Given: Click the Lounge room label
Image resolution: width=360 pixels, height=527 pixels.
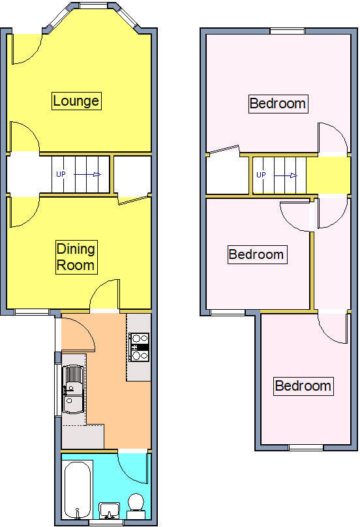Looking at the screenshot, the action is point(76,100).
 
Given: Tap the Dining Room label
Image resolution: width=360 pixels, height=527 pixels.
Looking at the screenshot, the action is point(76,257).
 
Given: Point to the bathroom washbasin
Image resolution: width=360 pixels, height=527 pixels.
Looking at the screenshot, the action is point(110,511).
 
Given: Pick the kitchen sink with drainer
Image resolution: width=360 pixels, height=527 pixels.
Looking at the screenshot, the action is point(73,389).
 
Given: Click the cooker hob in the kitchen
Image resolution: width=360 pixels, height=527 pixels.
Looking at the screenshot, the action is point(140,347).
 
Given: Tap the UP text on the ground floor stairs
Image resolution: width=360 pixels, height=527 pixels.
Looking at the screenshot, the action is point(61,174).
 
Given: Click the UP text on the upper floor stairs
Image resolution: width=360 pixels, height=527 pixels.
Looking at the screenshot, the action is point(261,175).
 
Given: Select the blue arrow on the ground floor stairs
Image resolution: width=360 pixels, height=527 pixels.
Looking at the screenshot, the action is point(87,174).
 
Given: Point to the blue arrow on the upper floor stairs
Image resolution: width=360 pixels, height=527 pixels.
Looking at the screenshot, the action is point(286,175).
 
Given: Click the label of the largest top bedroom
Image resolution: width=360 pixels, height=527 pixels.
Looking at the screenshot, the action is point(278,104).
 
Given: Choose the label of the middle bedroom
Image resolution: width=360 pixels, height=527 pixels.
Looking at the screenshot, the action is point(257,254).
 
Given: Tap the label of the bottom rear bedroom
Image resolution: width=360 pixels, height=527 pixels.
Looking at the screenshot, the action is point(303,386).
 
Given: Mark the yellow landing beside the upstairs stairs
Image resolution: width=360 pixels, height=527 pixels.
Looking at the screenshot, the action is point(328,176).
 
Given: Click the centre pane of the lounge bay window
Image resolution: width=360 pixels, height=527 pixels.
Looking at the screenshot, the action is point(94,5).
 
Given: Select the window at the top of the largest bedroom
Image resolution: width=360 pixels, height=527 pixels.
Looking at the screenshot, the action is point(288,31).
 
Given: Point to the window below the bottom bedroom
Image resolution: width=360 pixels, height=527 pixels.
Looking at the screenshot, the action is point(306,447).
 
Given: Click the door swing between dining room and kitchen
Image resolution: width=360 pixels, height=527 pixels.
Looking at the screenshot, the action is point(104,294).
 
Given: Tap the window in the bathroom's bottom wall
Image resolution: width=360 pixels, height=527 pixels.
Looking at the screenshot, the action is point(106,523).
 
